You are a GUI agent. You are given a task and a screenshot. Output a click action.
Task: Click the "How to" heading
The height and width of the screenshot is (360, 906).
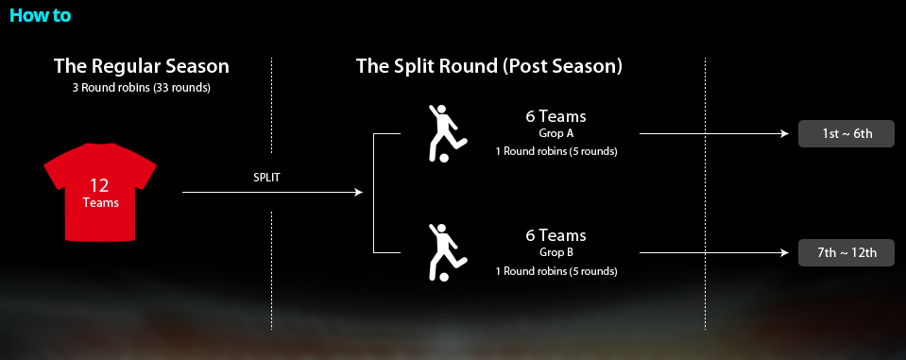pyautogui.click(x=41, y=15)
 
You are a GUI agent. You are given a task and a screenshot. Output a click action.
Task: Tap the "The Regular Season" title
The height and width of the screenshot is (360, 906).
pyautogui.click(x=142, y=66)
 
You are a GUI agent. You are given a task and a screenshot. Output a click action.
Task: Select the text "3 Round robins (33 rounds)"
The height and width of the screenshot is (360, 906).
pyautogui.click(x=142, y=89)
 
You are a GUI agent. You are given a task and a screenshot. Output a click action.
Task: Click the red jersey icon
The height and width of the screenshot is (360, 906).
pyautogui.click(x=100, y=192)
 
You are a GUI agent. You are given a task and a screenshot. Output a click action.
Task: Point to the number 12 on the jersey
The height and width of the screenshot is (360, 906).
pyautogui.click(x=99, y=185)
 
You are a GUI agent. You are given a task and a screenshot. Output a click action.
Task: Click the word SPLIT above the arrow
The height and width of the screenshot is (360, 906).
pyautogui.click(x=266, y=178)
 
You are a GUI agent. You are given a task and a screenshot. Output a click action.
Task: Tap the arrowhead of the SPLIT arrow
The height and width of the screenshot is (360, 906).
pyautogui.click(x=359, y=193)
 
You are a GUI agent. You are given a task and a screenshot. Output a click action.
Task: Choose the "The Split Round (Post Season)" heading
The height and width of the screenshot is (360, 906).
pyautogui.click(x=488, y=66)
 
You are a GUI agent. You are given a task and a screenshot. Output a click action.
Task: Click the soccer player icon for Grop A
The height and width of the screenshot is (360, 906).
pyautogui.click(x=446, y=133)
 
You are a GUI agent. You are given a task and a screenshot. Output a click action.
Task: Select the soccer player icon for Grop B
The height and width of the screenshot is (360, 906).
pyautogui.click(x=446, y=252)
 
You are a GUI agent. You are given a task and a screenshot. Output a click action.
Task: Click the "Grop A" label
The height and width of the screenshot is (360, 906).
pyautogui.click(x=556, y=133)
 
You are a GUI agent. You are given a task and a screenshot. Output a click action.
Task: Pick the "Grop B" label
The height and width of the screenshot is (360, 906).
pyautogui.click(x=556, y=252)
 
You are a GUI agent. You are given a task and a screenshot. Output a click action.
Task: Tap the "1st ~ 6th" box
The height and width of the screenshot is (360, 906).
pyautogui.click(x=846, y=134)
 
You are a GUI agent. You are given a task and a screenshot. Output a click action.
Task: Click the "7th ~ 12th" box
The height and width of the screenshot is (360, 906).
pyautogui.click(x=846, y=253)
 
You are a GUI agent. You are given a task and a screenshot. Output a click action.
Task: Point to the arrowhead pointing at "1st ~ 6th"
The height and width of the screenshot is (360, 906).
pyautogui.click(x=785, y=133)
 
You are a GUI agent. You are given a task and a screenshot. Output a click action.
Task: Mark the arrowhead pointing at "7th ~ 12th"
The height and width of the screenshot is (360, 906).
pyautogui.click(x=785, y=252)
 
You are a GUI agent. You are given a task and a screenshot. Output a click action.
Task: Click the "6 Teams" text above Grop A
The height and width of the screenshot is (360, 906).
pyautogui.click(x=556, y=117)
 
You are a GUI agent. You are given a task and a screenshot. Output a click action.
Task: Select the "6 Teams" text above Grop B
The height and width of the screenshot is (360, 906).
pyautogui.click(x=556, y=236)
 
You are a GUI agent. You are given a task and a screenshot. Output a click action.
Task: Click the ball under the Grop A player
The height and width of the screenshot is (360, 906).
pyautogui.click(x=444, y=158)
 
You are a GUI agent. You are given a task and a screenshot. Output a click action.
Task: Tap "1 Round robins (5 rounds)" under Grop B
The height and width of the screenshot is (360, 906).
pyautogui.click(x=556, y=271)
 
